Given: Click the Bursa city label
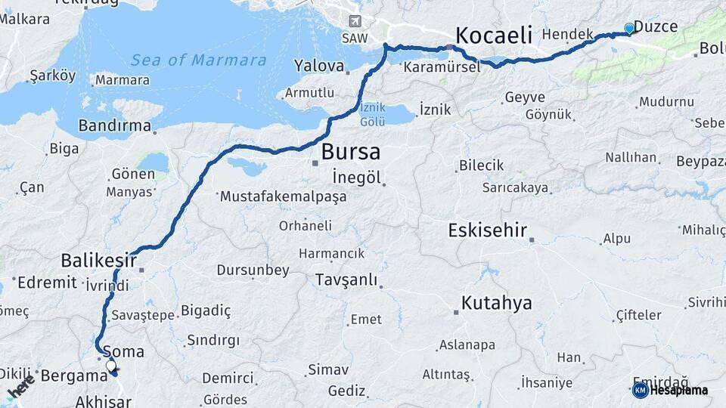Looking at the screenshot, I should pyautogui.click(x=350, y=152).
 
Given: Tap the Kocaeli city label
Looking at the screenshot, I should pyautogui.click(x=494, y=36).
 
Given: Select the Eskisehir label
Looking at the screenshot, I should pyautogui.click(x=487, y=230).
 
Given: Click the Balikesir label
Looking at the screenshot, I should pyautogui.click(x=98, y=261).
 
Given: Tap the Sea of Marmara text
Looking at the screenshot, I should pyautogui.click(x=198, y=60).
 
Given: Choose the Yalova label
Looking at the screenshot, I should pyautogui.click(x=319, y=66).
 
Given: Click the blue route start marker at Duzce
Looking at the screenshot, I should pyautogui.click(x=629, y=29).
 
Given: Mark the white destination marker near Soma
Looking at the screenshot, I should pyautogui.click(x=111, y=366).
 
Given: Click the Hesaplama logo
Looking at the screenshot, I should pyautogui.click(x=670, y=390).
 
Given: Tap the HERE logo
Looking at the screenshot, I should pyautogui.click(x=21, y=386).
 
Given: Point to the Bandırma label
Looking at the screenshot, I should pyautogui.click(x=114, y=125).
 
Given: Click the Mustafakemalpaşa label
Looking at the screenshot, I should pyautogui.click(x=283, y=196).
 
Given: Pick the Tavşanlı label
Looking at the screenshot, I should pyautogui.click(x=347, y=280).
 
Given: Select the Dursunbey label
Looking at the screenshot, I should pyautogui.click(x=253, y=270).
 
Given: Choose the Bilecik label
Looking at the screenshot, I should pyautogui.click(x=482, y=165).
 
